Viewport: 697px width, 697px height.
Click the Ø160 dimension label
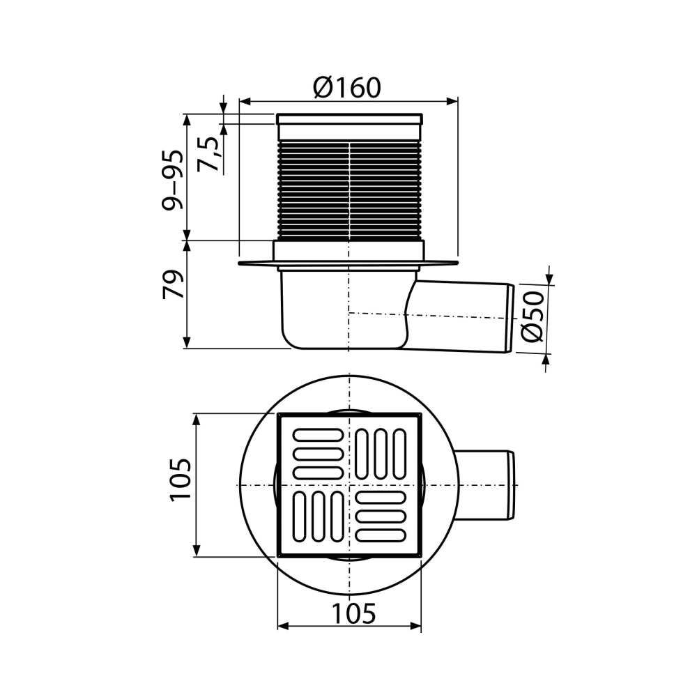tap(347, 88)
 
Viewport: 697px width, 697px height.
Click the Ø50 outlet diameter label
tap(533, 318)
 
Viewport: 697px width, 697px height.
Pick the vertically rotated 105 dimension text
tap(180, 479)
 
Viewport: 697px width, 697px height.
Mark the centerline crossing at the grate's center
tap(348, 484)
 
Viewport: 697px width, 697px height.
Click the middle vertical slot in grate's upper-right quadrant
tap(381, 454)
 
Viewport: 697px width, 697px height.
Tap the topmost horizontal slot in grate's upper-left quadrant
tap(318, 435)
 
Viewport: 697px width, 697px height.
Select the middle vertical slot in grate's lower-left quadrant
tap(318, 516)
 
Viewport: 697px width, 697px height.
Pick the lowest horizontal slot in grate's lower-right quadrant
tap(381, 535)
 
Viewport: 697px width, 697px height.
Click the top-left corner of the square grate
tap(279, 415)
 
